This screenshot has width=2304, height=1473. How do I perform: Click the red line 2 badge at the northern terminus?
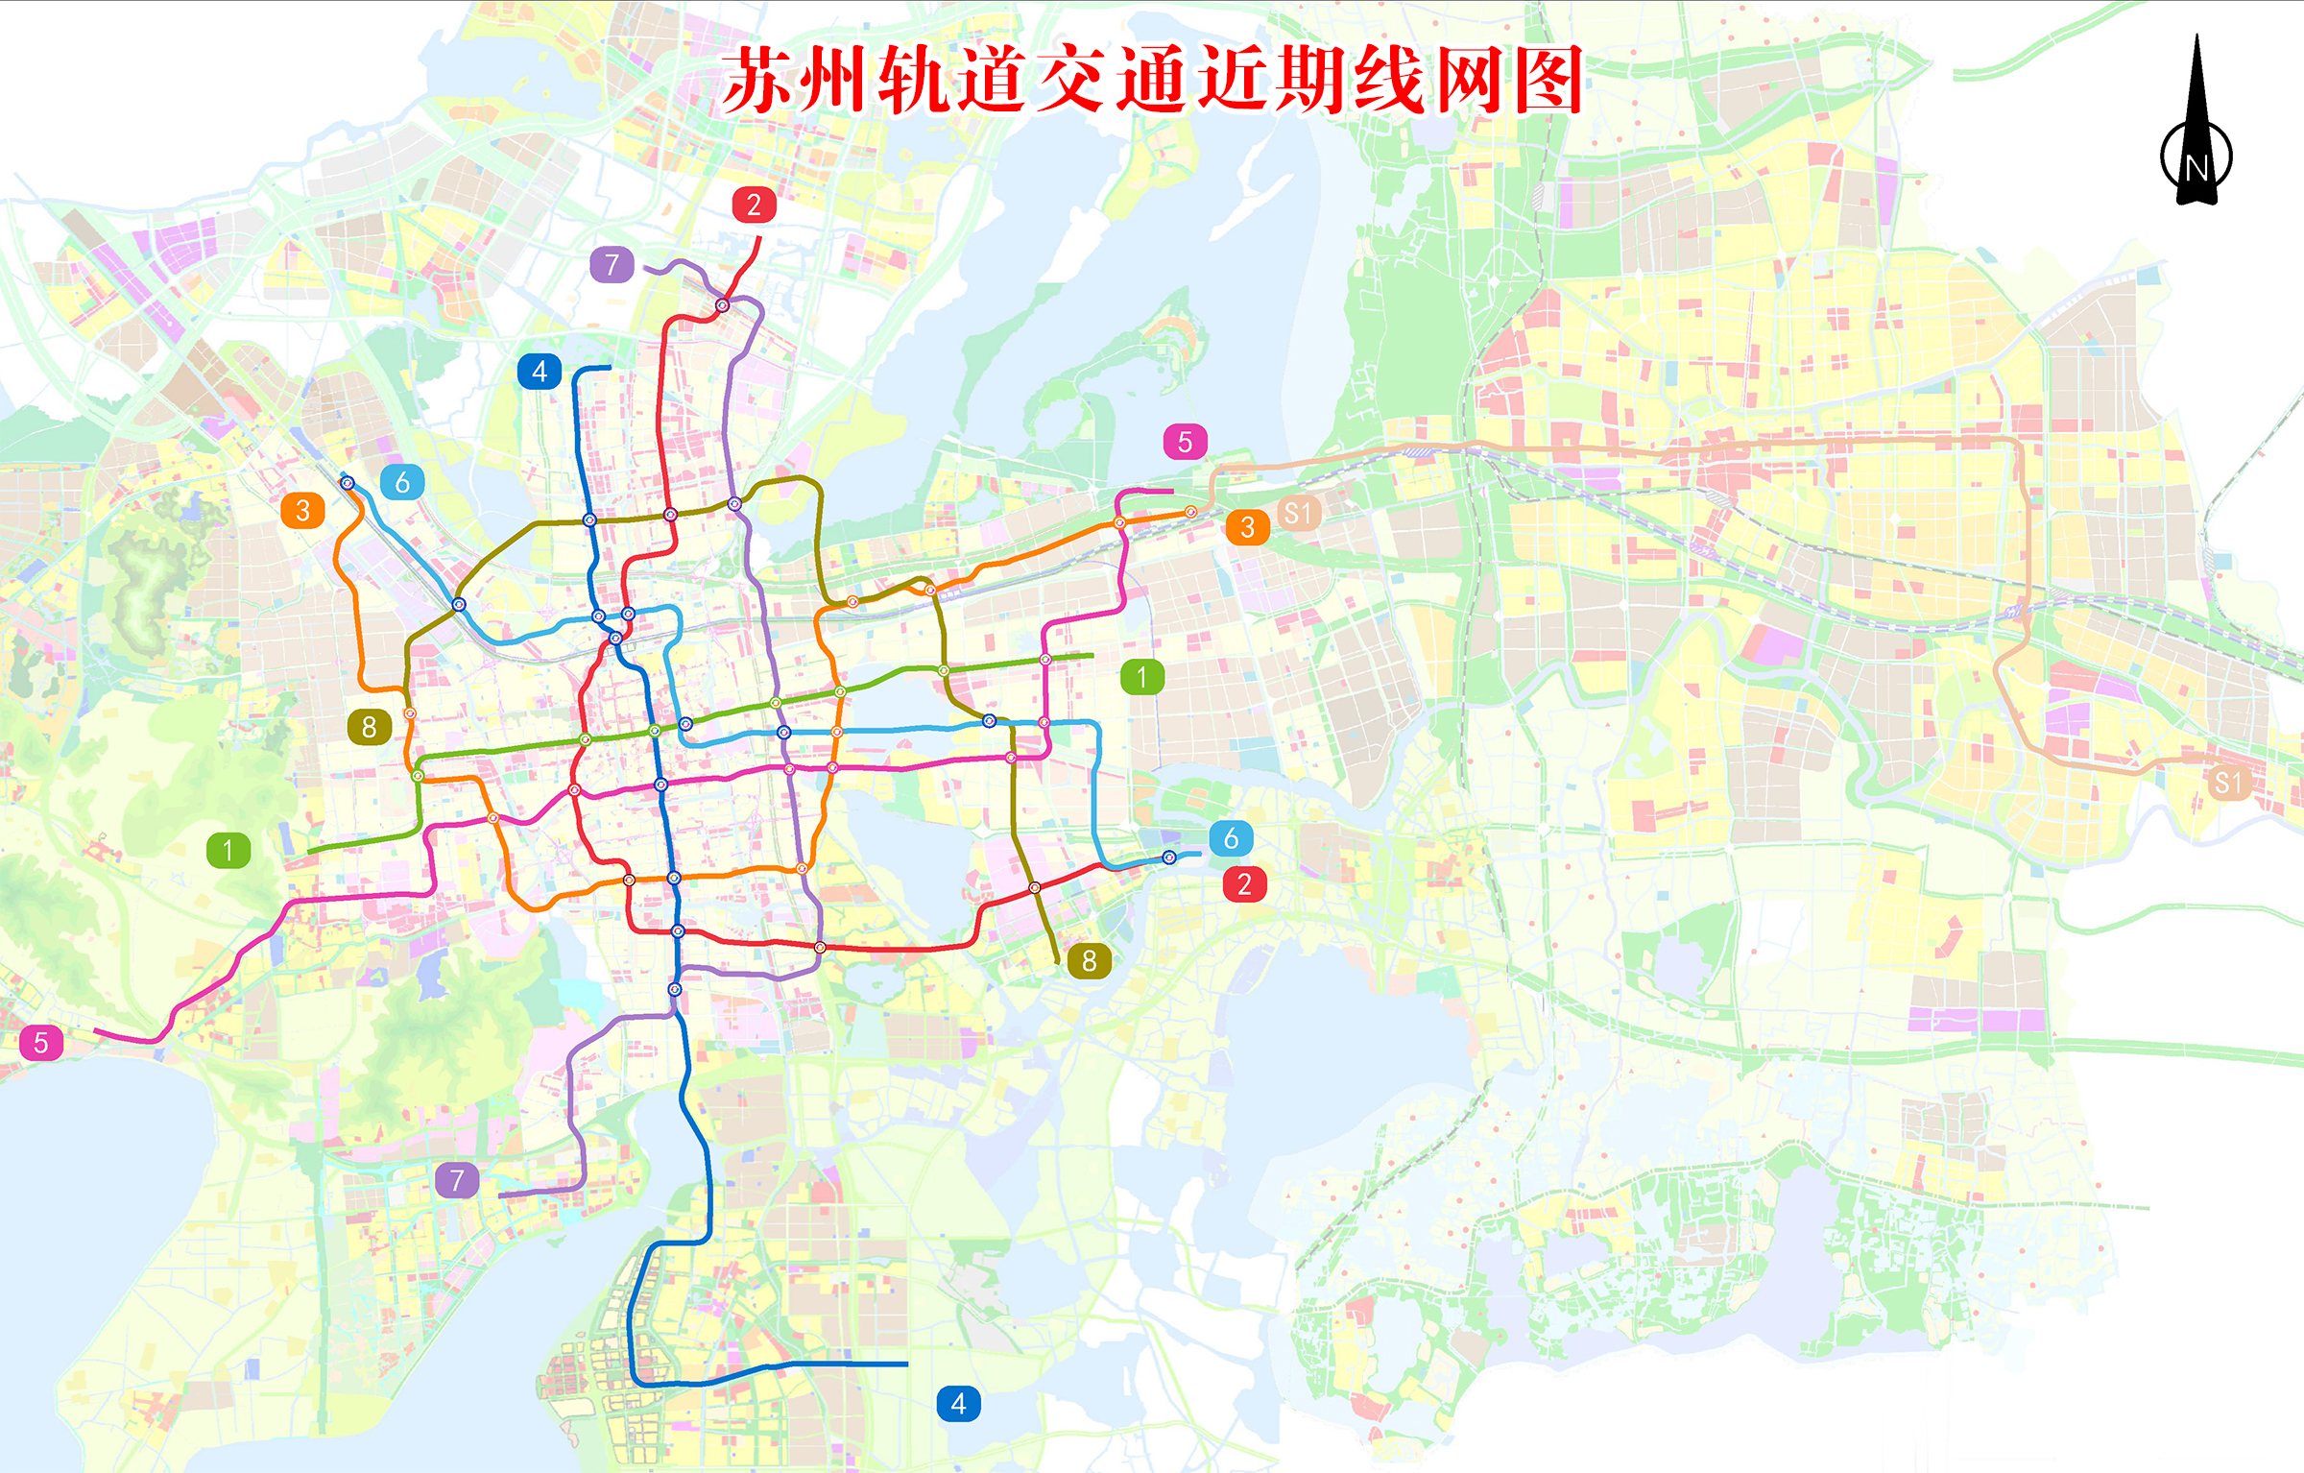[754, 205]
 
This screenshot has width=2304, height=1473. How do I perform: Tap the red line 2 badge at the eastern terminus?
[1244, 883]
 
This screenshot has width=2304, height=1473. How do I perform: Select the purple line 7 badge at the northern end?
[612, 264]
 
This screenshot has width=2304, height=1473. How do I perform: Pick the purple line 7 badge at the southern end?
[457, 1179]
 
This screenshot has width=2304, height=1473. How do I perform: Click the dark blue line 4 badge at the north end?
[540, 372]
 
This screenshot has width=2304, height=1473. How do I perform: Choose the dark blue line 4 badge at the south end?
[958, 1404]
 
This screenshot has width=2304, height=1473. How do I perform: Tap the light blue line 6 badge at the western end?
[402, 482]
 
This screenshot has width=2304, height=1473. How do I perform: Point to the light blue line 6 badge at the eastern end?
[1231, 838]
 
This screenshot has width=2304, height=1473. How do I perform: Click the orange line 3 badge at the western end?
[302, 511]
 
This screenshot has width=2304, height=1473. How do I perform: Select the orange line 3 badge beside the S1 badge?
[1247, 527]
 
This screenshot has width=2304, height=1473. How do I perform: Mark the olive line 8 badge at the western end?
[369, 727]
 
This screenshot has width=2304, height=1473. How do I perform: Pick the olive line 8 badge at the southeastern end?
[1089, 960]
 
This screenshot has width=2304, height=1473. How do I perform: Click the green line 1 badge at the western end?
[228, 850]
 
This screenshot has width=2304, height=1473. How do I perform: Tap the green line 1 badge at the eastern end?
[1142, 677]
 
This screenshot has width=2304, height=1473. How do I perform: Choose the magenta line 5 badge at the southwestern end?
[41, 1043]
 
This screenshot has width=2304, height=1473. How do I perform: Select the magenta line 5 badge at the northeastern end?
[1185, 442]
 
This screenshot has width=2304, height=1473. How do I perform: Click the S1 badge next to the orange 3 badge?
[1298, 514]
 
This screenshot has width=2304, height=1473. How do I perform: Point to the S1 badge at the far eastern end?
[2228, 783]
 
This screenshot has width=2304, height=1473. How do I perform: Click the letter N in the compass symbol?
[2196, 168]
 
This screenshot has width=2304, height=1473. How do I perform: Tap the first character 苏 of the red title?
[758, 81]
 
